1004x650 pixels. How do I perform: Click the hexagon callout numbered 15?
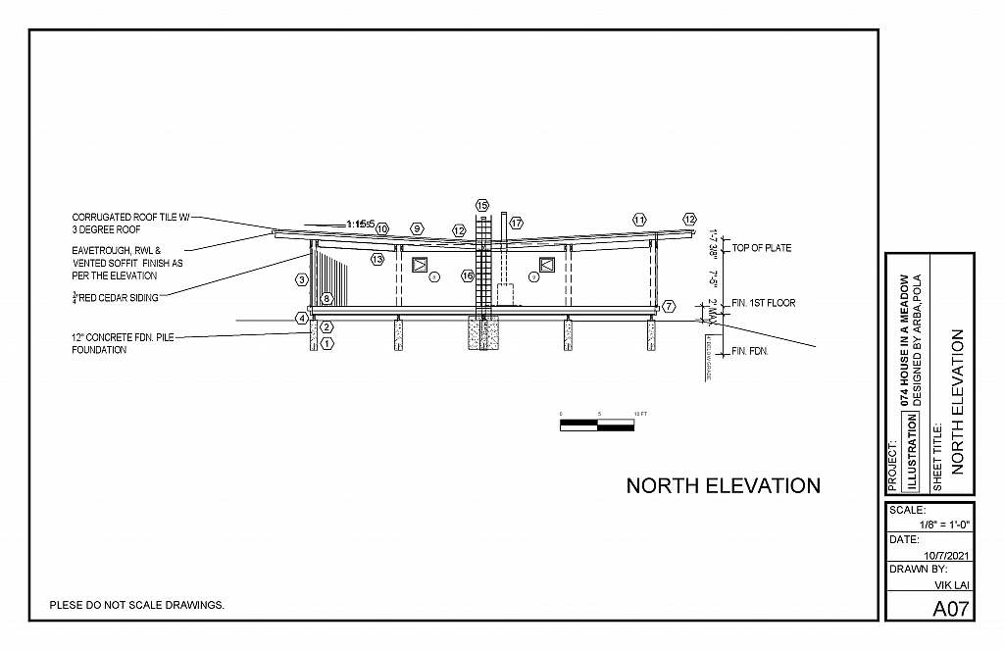pyautogui.click(x=481, y=205)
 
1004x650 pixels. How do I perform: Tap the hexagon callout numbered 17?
pyautogui.click(x=516, y=224)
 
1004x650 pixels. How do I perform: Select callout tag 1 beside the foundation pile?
pyautogui.click(x=327, y=343)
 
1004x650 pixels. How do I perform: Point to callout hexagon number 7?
pyautogui.click(x=668, y=306)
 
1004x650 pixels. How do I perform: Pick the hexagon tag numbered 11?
pyautogui.click(x=639, y=220)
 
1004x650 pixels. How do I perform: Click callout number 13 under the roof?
pyautogui.click(x=377, y=260)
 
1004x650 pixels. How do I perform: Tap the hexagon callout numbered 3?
pyautogui.click(x=302, y=280)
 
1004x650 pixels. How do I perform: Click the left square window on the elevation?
pyautogui.click(x=421, y=265)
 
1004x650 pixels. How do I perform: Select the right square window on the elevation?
pyautogui.click(x=546, y=265)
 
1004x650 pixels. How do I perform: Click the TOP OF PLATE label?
pyautogui.click(x=761, y=248)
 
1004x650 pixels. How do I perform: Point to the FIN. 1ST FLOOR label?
pyautogui.click(x=763, y=303)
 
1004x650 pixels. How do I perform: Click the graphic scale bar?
pyautogui.click(x=596, y=425)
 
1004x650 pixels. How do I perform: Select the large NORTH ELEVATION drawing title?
pyautogui.click(x=723, y=485)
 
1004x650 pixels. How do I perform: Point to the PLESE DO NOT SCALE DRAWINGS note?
pyautogui.click(x=137, y=605)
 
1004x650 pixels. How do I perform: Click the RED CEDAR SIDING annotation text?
pyautogui.click(x=119, y=297)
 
